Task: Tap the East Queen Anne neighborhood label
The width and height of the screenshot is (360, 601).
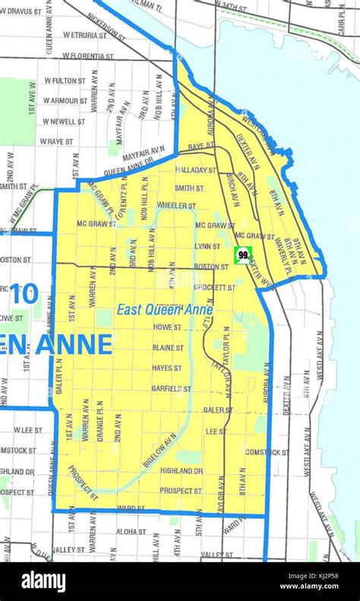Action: (x=165, y=310)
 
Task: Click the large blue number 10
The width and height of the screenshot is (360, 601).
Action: (x=24, y=294)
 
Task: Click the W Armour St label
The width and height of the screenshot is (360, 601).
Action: (x=66, y=100)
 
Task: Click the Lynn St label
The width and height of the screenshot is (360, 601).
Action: (x=207, y=246)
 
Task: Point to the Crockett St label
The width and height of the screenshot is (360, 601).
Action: (x=215, y=287)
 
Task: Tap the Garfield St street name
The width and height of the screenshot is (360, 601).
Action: (x=171, y=388)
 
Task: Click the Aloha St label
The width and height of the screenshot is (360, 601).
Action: (x=131, y=532)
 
